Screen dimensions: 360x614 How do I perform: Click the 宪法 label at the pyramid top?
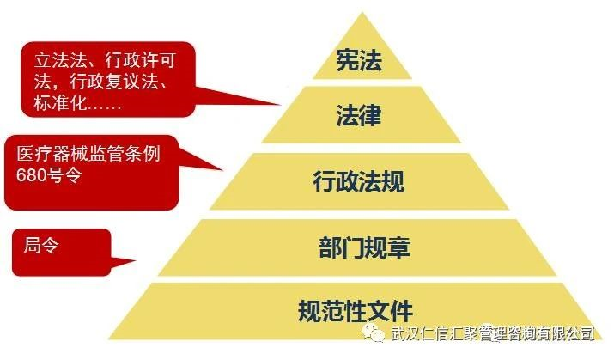(x=356, y=61)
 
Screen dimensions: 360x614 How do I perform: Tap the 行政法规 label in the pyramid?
(x=356, y=181)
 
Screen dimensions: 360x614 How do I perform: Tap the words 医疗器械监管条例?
(x=88, y=155)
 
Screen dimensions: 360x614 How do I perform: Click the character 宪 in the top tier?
(x=344, y=61)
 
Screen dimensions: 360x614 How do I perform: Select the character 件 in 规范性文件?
(x=401, y=309)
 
